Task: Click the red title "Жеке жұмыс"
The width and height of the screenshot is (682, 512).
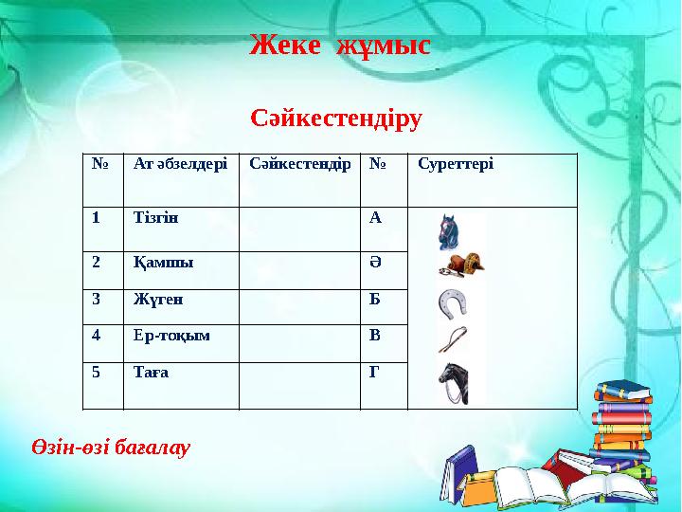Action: pyautogui.click(x=340, y=45)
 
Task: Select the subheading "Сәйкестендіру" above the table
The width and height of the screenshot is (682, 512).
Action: pyautogui.click(x=336, y=119)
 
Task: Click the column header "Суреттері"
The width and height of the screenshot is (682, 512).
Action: pyautogui.click(x=455, y=164)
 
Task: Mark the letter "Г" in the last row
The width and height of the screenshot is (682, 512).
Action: pyautogui.click(x=374, y=372)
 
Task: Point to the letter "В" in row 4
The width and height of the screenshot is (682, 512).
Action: pyautogui.click(x=375, y=335)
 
